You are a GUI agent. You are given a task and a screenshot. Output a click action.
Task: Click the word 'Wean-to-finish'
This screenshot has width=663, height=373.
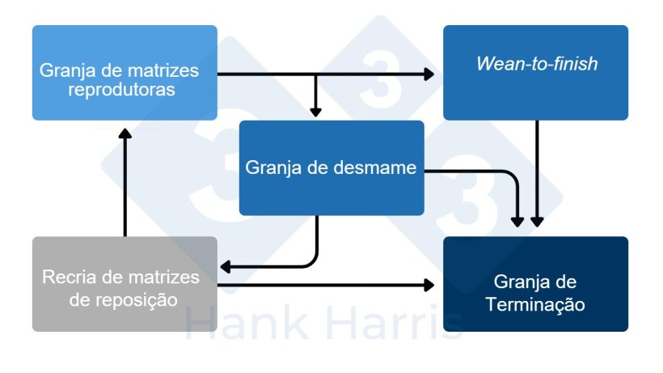coord(537,64)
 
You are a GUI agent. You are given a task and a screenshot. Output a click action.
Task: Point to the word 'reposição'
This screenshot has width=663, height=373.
coord(139,299)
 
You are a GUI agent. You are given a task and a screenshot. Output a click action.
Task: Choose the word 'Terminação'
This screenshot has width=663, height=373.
coord(535,305)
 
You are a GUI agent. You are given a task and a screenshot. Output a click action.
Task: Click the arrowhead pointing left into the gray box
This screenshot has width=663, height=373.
coord(227,265)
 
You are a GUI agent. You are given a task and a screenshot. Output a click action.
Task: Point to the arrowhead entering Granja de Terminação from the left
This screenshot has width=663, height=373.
coord(429,284)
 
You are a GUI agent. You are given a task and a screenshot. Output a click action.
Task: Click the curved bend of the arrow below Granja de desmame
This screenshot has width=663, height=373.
coord(312,261)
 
